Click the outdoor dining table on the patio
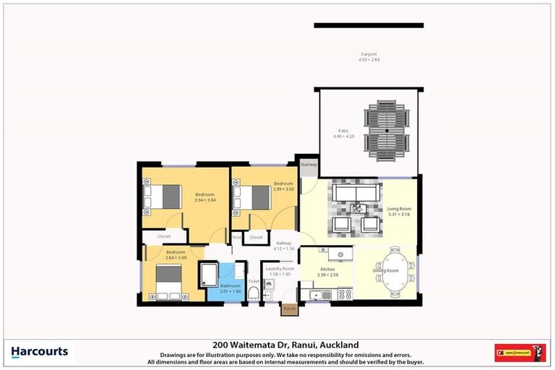[x=387, y=131]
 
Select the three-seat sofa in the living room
[x=354, y=192]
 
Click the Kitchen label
[x=328, y=270]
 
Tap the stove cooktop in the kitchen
[x=344, y=294]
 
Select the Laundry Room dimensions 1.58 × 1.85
[x=278, y=274]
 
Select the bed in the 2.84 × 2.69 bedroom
[x=165, y=283]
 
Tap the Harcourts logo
[x=40, y=353]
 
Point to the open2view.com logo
[x=520, y=353]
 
